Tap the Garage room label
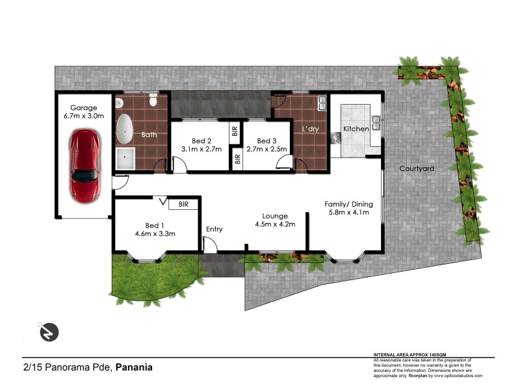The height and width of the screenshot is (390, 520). point(84,108)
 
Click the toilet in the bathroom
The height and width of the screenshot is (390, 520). point(152,100)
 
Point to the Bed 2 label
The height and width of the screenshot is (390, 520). point(201,141)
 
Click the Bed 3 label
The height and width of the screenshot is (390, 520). point(266,141)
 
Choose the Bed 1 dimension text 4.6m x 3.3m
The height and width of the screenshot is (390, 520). point(155,234)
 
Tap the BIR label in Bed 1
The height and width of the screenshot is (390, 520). point(183,204)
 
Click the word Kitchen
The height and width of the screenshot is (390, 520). point(356,129)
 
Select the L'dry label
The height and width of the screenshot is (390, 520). point(309,129)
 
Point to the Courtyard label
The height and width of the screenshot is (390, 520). point(417,168)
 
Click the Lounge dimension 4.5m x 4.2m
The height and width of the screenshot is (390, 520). point(274,225)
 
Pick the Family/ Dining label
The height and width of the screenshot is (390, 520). point(347,203)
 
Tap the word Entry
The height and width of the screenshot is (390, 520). point(214,229)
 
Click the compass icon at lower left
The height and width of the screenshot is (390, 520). point(47,331)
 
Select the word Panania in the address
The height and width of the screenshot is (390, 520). point(135,367)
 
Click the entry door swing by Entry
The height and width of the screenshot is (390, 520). point(209,245)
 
